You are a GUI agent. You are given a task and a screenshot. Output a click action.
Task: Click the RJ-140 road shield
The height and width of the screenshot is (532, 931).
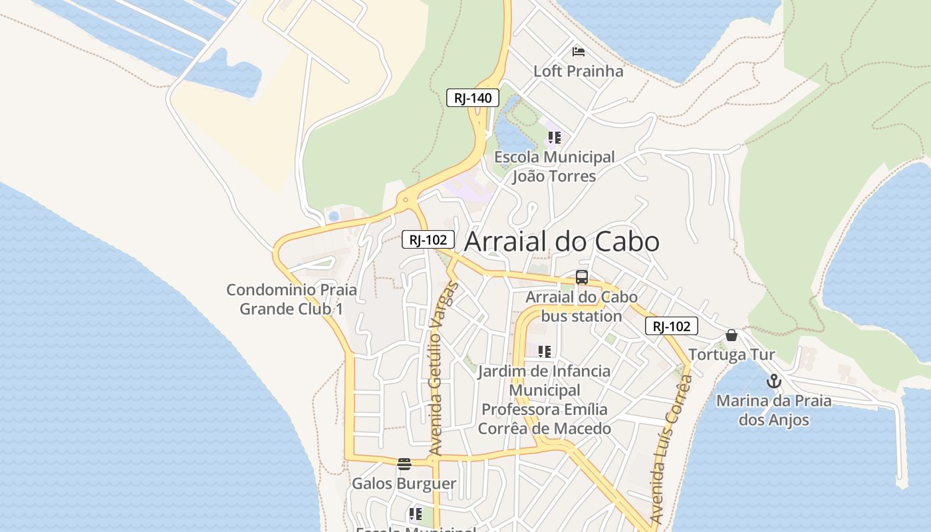[x=472, y=98]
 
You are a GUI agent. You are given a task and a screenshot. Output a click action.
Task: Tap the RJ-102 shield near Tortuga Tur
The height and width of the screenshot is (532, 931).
[x=671, y=326]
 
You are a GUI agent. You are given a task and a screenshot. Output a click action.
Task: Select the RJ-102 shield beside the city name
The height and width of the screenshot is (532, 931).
[x=428, y=239]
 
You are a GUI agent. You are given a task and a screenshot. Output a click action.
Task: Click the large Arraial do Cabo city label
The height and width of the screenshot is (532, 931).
[x=561, y=241]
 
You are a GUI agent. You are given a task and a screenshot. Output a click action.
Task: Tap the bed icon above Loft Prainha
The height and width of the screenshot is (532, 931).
[x=579, y=52]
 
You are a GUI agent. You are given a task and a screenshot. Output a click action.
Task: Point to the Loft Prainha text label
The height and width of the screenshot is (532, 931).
[x=579, y=71]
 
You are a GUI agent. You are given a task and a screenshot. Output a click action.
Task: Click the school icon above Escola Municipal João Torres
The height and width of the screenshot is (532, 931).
[x=554, y=138]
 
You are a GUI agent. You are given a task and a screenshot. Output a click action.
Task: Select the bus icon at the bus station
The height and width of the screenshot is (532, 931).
[x=582, y=277]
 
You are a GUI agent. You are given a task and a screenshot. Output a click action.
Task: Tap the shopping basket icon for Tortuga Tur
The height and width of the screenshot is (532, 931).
[x=731, y=335]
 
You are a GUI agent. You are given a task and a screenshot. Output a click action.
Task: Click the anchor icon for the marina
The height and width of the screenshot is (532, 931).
[x=773, y=382]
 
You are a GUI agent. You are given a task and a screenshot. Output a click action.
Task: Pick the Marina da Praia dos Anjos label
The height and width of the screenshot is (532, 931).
[x=773, y=410]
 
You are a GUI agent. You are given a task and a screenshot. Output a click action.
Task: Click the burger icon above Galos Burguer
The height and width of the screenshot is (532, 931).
[x=404, y=464]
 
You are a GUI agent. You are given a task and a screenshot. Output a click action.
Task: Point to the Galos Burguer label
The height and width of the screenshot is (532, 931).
[x=404, y=483]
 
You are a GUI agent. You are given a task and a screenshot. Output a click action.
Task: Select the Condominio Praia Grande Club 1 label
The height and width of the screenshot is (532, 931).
[x=291, y=299]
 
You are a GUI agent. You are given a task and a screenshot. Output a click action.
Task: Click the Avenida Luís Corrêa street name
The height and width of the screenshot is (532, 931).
[x=672, y=449]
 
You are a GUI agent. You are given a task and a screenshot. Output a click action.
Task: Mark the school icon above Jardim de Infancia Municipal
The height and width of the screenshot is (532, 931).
[x=545, y=352]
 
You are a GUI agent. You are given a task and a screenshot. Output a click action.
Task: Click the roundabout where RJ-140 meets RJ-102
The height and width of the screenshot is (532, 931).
[x=405, y=199]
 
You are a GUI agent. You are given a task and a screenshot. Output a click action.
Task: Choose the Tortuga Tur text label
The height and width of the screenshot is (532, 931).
[x=731, y=354]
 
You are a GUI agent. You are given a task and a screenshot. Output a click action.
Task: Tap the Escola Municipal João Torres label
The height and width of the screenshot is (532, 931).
[x=554, y=166]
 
